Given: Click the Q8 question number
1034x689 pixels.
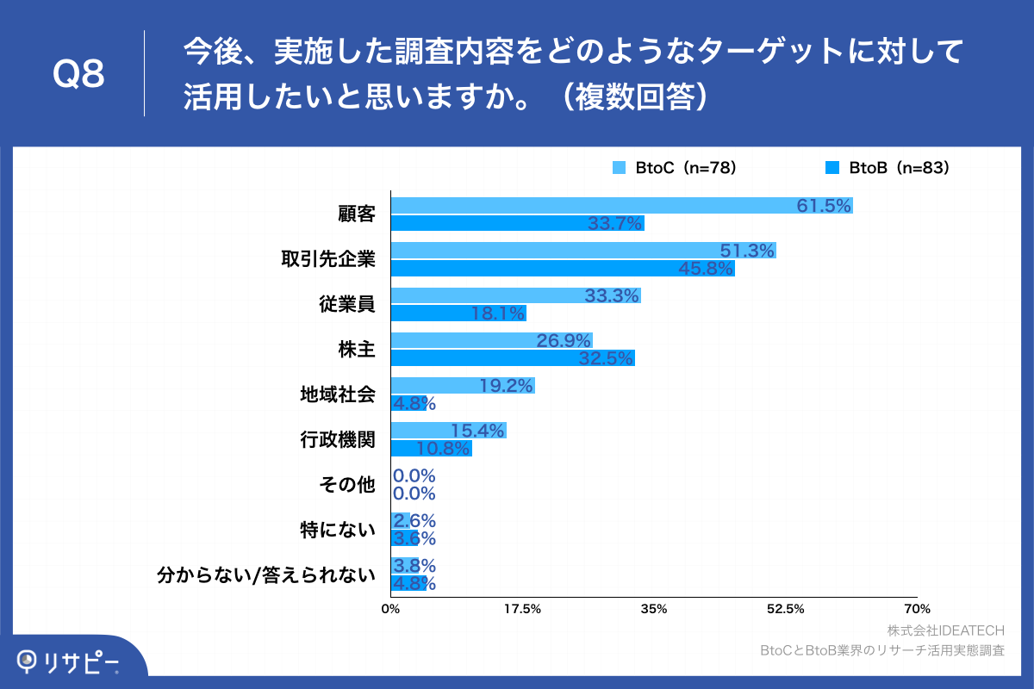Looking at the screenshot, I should coord(78,75).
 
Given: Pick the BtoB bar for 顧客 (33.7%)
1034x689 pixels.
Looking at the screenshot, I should coord(517,224).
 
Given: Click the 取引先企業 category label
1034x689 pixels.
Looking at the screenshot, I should coord(328,259).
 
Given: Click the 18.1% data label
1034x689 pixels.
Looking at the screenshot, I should coord(498,313).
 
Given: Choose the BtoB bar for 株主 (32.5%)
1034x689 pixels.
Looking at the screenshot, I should coord(513,358).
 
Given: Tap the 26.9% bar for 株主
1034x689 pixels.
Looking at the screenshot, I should coord(491,340).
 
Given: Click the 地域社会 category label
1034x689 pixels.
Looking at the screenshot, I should coord(338,394).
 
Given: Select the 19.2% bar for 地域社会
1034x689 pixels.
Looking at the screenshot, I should coord(463,386).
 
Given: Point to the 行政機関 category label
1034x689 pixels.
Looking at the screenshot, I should coord(338,439).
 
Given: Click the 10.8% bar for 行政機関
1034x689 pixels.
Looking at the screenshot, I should coord(431,449).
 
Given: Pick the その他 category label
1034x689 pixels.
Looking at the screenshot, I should coord(347,484).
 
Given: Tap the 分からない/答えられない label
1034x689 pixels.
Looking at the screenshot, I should coord(266,574).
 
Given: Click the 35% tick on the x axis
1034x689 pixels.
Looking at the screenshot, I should coord(654,610).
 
